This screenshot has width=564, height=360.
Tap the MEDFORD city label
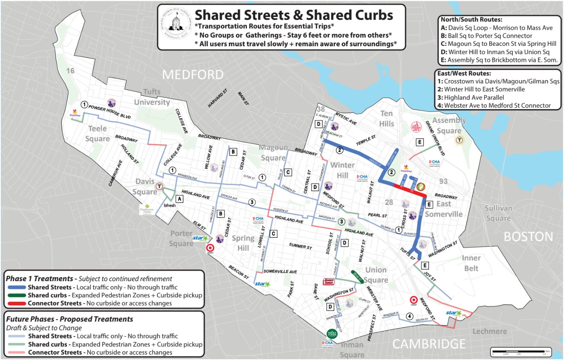[193, 75]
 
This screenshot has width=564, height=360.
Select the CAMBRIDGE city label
[429, 343]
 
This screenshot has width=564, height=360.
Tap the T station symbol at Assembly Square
[458, 140]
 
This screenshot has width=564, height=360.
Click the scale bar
[519, 352]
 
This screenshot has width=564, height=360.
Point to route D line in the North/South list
[495, 52]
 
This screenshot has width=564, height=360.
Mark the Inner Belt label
[471, 263]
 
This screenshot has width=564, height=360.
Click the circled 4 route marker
[409, 317]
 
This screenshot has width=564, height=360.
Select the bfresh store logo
[170, 205]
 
